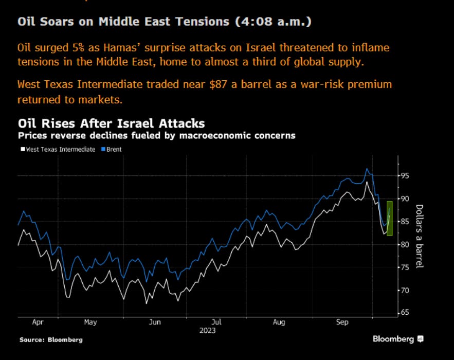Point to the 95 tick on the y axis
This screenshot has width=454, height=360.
[406, 176]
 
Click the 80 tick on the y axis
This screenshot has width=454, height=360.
[406, 244]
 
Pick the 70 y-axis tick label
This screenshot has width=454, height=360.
[406, 291]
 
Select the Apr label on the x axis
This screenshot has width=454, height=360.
[38, 322]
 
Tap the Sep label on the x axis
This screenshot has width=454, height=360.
[342, 322]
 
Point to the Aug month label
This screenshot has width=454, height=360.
[279, 322]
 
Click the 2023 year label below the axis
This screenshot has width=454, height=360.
[207, 331]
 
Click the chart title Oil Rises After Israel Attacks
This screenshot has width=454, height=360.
[111, 124]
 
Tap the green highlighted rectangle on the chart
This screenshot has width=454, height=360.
[390, 219]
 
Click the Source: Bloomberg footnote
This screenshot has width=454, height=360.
[51, 340]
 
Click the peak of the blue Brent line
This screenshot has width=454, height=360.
[367, 168]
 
